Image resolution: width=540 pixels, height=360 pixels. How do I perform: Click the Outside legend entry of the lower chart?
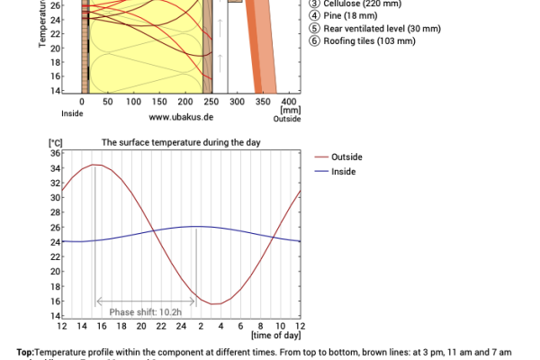coord(346,157)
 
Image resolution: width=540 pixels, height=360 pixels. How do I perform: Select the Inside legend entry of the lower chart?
coord(343,170)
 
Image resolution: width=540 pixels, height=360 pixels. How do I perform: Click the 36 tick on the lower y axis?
coord(54,153)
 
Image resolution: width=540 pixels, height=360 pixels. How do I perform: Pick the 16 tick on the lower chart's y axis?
coord(54,301)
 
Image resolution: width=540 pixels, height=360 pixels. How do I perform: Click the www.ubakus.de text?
coord(181,117)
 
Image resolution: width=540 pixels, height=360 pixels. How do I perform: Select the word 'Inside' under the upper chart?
coord(72,113)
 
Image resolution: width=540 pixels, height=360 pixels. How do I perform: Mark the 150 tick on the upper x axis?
coord(134,103)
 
